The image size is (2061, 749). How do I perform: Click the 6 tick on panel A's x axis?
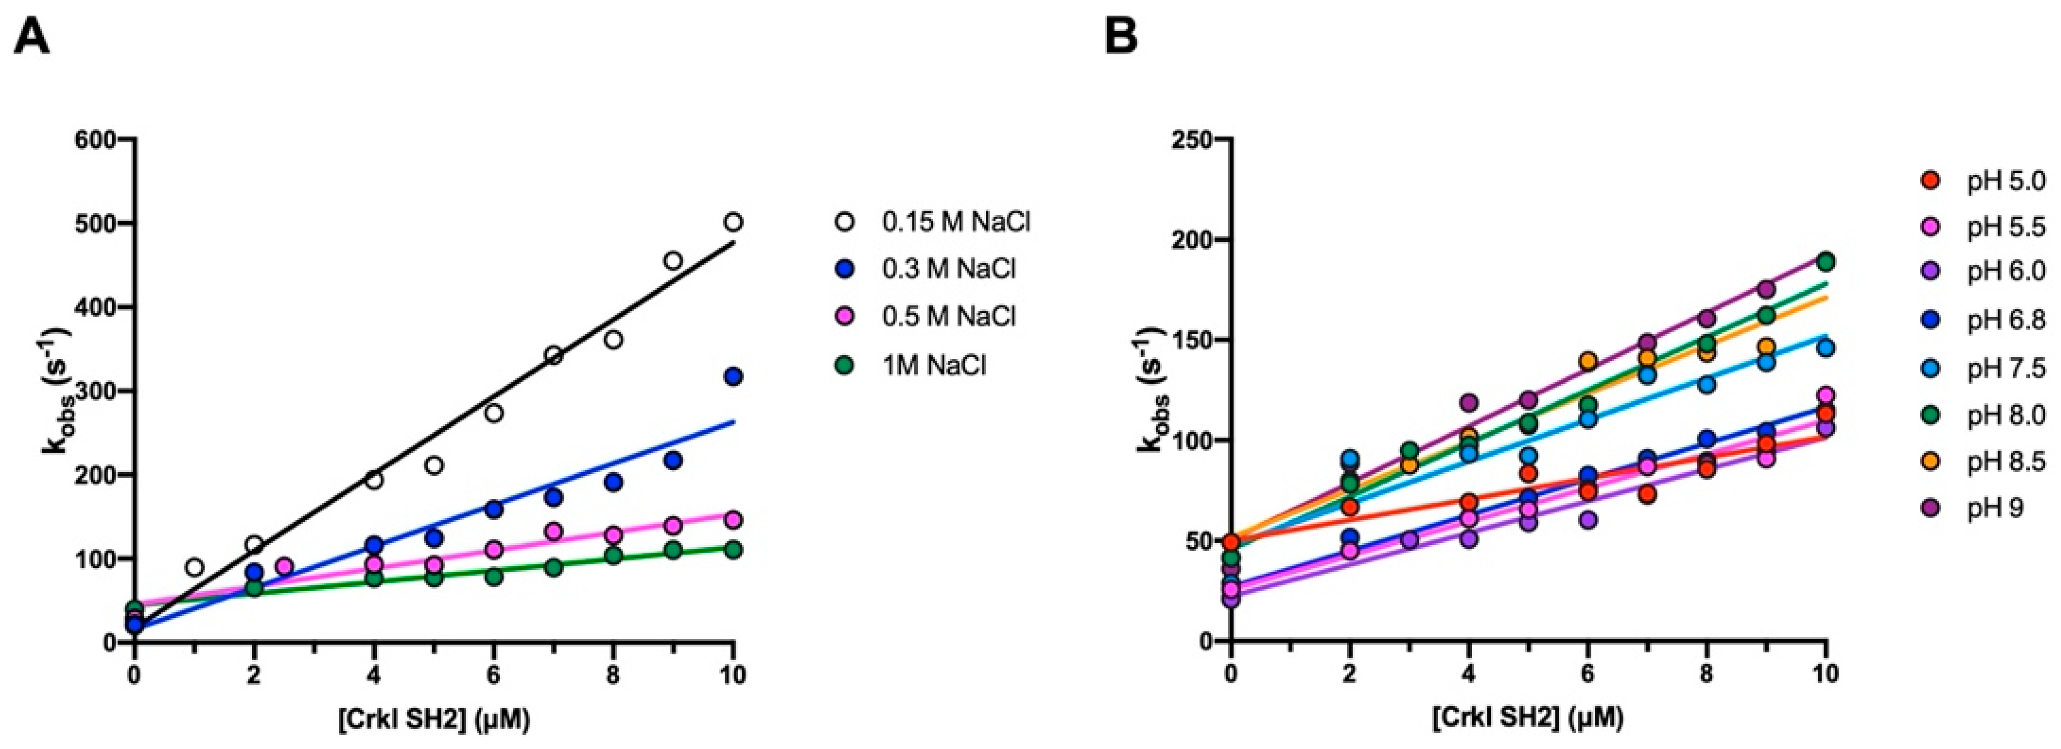(x=494, y=675)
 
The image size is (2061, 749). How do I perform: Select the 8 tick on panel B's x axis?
(x=1706, y=675)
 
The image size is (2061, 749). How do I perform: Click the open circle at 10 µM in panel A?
(x=733, y=221)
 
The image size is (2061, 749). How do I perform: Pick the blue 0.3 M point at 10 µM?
(x=733, y=376)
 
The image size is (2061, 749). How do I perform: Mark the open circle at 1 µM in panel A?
(x=194, y=567)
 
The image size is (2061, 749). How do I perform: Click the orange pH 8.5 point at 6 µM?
(x=1588, y=361)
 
